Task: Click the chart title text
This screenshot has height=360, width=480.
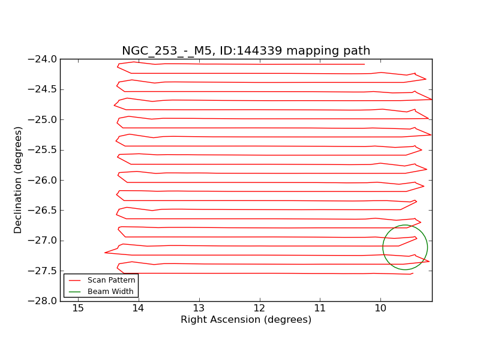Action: click(x=246, y=51)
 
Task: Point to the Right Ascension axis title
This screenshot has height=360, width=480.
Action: click(x=246, y=320)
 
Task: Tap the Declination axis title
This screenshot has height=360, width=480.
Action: click(x=19, y=180)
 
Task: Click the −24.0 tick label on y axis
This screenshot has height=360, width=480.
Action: click(x=42, y=59)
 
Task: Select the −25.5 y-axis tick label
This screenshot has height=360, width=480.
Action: click(x=42, y=150)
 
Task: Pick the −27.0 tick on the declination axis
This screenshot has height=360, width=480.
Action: click(x=42, y=241)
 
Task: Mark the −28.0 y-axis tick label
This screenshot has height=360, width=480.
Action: click(x=42, y=301)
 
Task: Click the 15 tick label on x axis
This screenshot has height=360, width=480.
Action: click(x=78, y=308)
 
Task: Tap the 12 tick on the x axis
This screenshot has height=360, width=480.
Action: click(x=260, y=308)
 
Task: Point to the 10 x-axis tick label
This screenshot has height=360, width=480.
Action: click(x=380, y=308)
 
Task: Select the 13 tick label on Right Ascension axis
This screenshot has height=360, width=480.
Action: click(x=199, y=308)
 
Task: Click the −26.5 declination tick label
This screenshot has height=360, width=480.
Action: click(x=42, y=211)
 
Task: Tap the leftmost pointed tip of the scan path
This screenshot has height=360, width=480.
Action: click(x=105, y=253)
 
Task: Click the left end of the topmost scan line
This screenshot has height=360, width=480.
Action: click(x=118, y=64)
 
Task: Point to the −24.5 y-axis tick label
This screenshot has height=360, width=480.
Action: click(x=42, y=89)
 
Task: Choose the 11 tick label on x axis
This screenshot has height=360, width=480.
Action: click(x=320, y=308)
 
